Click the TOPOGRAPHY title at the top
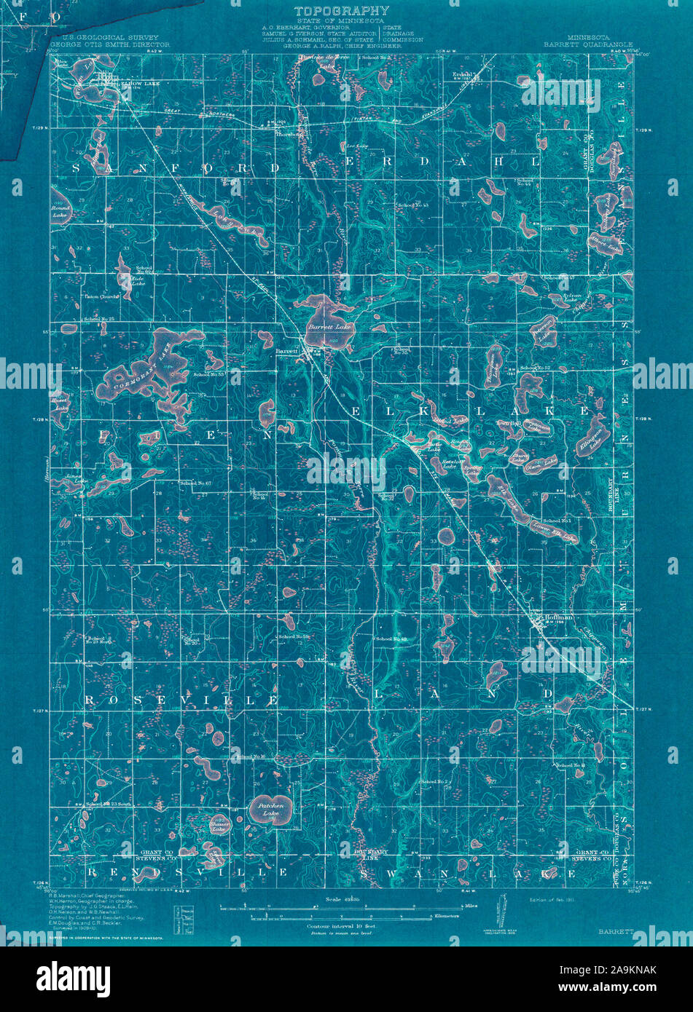click(x=342, y=11)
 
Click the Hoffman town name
click(x=555, y=617)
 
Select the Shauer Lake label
click(x=219, y=825)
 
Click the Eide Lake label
click(x=137, y=280)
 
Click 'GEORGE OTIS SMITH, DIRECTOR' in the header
click(x=110, y=44)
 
